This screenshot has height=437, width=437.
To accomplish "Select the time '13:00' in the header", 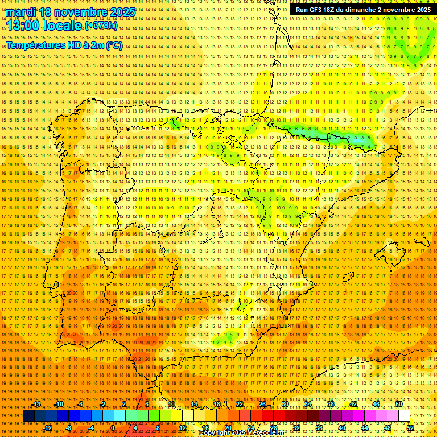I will (x=23, y=26).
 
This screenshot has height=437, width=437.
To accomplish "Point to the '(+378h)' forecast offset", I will (x=101, y=26).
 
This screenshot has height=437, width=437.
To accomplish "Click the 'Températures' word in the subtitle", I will (x=36, y=45).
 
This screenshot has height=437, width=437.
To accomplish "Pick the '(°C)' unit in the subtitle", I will (x=114, y=45).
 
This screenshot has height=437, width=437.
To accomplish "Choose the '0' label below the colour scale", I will (x=113, y=428).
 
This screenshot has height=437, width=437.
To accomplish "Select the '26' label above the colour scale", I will (x=262, y=404).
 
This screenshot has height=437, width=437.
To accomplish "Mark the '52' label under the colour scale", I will (x=410, y=428).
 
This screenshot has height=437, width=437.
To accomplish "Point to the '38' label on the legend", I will (x=331, y=404).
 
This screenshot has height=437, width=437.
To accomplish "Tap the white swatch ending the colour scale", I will (x=405, y=416).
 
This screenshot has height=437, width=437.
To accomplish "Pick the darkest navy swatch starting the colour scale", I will (x=28, y=416).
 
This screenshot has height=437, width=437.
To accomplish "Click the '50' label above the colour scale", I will (x=399, y=404).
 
